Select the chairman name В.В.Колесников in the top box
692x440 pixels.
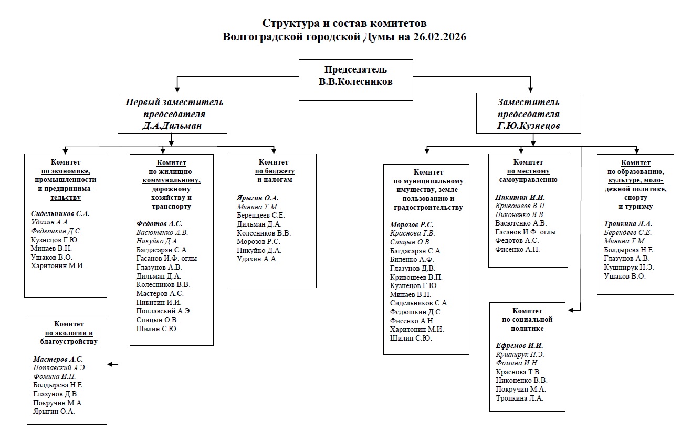pos(355,81)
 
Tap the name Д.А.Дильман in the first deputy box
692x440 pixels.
pos(173,126)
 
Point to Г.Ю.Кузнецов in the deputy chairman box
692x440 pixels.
pos(529,126)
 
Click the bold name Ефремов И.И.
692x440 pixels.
pos(519,345)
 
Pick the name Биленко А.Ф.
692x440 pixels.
pos(412,259)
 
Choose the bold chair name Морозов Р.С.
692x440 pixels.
pos(412,224)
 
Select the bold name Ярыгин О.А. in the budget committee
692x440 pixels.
pos(257,198)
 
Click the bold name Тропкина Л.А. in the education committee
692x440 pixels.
pos(628,223)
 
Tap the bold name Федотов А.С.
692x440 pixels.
pos(159,223)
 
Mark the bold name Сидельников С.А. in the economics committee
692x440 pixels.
pos(60,213)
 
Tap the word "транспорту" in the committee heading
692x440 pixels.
pos(171,207)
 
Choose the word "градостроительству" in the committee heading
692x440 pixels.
pos(428,208)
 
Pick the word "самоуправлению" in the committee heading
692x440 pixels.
pos(528,180)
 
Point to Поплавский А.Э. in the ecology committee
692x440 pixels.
pos(59,367)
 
